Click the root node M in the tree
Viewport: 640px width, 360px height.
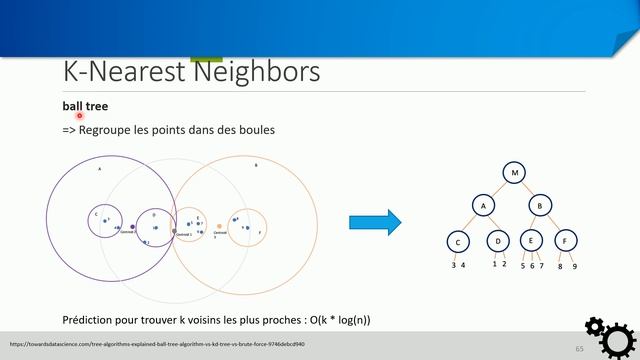click(514, 173)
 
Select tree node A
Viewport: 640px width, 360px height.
click(483, 205)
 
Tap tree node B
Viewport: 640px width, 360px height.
click(541, 205)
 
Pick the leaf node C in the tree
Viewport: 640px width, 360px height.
click(458, 241)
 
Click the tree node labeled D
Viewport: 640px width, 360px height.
click(497, 241)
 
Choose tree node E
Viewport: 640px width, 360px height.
click(531, 241)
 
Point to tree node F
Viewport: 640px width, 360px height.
click(566, 241)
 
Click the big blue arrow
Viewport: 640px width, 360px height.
click(374, 222)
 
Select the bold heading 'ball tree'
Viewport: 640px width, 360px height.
click(85, 105)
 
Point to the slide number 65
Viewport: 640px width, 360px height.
click(579, 348)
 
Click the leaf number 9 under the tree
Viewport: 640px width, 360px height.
click(574, 266)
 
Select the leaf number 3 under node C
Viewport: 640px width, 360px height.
click(453, 265)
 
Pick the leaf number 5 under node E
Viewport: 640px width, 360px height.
click(522, 266)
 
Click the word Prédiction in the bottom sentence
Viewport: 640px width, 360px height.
click(87, 320)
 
